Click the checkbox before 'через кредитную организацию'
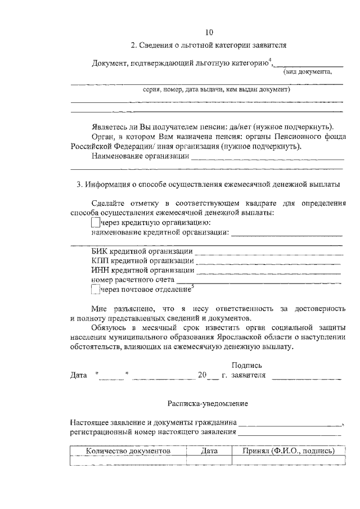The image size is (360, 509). click(x=95, y=223)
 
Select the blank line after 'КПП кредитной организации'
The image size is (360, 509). click(x=269, y=262)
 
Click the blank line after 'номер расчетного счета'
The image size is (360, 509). click(x=259, y=281)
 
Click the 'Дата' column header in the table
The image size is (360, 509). click(x=209, y=451)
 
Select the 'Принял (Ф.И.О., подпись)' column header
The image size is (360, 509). click(x=289, y=451)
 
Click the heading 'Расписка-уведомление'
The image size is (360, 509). click(x=208, y=403)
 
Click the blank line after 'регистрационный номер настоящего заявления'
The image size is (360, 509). click(x=289, y=434)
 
